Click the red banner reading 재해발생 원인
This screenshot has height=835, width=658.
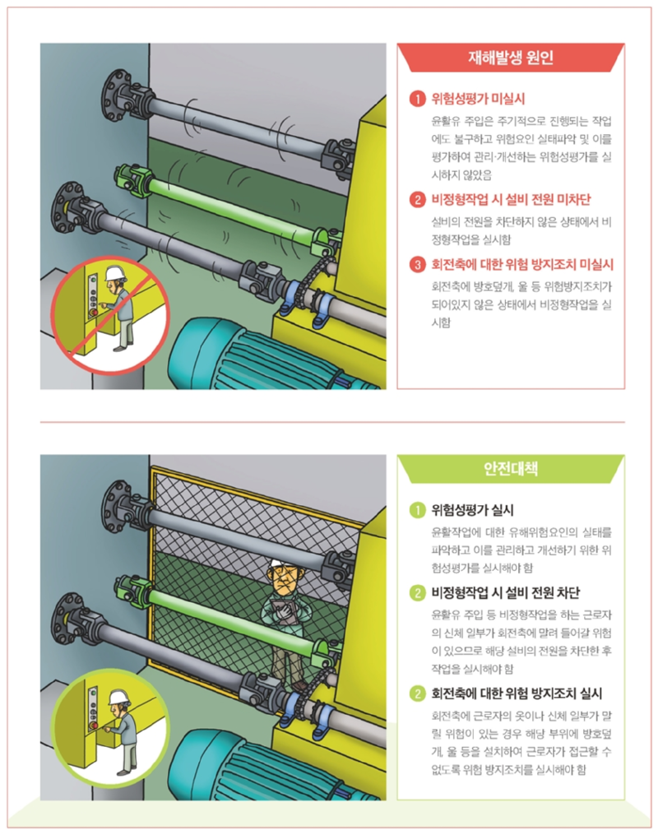[510, 58]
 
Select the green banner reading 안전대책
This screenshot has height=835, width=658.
[510, 471]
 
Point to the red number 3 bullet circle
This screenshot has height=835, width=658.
[417, 265]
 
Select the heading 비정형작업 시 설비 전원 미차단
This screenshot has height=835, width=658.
[512, 199]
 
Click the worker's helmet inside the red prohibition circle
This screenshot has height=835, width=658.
[117, 272]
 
